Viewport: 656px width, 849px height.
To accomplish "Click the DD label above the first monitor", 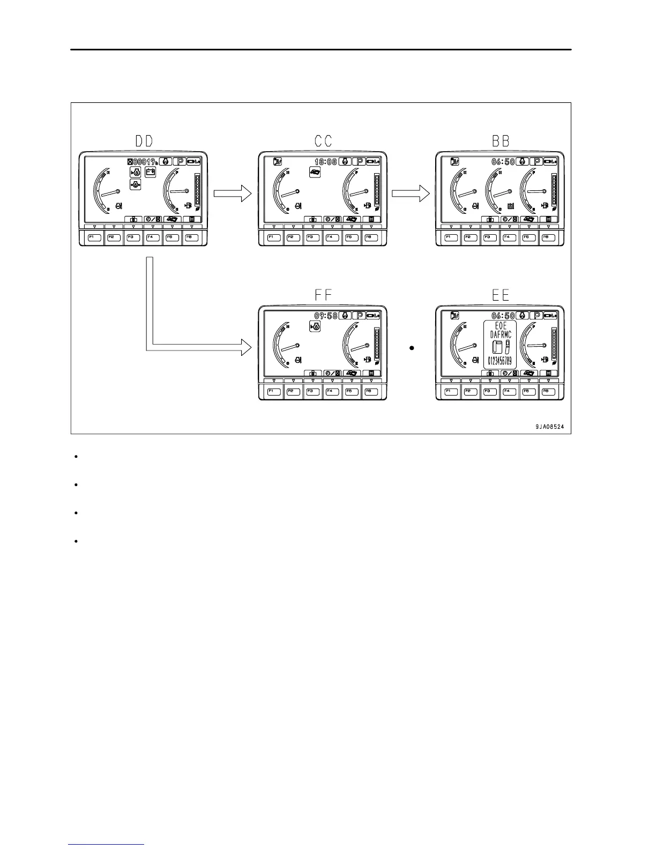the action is (143, 141).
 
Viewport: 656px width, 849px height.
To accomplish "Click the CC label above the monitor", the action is (323, 141).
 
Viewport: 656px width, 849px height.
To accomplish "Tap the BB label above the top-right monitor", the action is (500, 141).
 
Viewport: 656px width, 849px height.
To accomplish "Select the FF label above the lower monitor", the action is (323, 295).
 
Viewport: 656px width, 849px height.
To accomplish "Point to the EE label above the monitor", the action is (500, 295).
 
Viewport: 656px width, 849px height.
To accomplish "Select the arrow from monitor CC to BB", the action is (411, 193).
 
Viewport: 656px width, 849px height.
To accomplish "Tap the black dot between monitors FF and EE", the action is (412, 348).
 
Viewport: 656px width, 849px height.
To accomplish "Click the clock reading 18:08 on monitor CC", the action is (325, 161).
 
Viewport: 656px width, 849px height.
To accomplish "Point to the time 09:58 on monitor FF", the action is (325, 316).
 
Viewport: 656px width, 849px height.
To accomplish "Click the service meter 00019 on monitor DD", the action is (143, 161).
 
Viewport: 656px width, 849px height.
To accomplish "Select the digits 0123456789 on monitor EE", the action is (500, 360).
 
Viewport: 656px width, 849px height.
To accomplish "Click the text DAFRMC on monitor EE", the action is (501, 334).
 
